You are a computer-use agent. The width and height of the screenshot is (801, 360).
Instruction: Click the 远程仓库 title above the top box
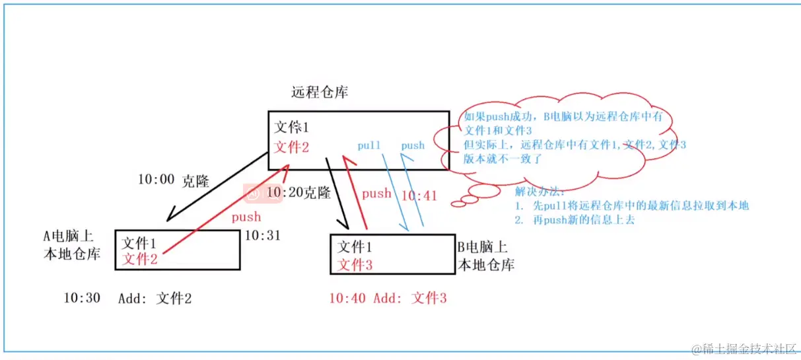pyautogui.click(x=320, y=92)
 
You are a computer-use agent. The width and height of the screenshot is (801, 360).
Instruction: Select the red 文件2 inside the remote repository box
pyautogui.click(x=291, y=147)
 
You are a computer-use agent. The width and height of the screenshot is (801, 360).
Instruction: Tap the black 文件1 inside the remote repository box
pyautogui.click(x=291, y=127)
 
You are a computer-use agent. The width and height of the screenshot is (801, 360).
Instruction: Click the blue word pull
pyautogui.click(x=368, y=145)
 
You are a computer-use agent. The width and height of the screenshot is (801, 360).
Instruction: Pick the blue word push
pyautogui.click(x=413, y=145)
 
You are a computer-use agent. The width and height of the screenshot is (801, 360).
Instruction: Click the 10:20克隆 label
pyautogui.click(x=298, y=193)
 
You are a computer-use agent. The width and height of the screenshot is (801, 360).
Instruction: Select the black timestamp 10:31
pyautogui.click(x=262, y=235)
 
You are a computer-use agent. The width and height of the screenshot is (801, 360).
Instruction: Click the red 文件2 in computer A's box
pyautogui.click(x=140, y=259)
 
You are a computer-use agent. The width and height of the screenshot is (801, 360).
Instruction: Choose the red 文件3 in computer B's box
pyautogui.click(x=355, y=266)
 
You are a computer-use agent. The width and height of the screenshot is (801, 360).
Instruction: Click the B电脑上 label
pyautogui.click(x=483, y=248)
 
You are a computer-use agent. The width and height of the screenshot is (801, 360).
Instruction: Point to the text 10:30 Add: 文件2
pyautogui.click(x=127, y=299)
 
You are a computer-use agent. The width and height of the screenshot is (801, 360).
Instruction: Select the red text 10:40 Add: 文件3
pyautogui.click(x=388, y=299)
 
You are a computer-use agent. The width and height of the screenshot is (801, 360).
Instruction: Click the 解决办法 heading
pyautogui.click(x=540, y=192)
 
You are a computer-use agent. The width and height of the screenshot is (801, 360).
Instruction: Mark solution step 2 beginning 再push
pyautogui.click(x=575, y=220)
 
